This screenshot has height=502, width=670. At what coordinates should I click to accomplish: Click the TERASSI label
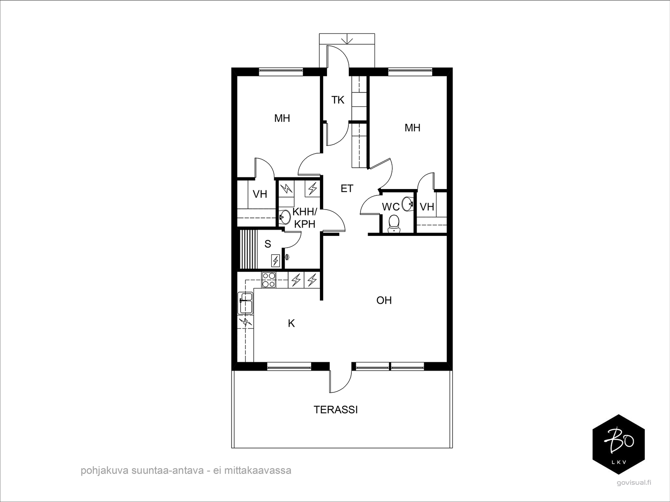pos(335,410)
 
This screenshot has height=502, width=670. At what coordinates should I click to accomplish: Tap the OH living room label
pos(384,300)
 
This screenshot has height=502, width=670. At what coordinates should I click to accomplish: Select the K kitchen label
pos(291,323)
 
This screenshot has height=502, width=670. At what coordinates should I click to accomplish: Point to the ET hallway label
pos(347,189)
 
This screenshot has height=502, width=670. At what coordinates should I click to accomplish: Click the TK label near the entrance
pos(338,100)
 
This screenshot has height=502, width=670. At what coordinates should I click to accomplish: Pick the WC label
pos(391,207)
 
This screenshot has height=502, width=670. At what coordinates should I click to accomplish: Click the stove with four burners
pos(268,280)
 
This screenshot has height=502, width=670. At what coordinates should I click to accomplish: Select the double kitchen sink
pos(245,303)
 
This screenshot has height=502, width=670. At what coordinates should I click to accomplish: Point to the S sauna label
pos(268,244)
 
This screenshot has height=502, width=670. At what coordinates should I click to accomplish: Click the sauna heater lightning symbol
pos(276,260)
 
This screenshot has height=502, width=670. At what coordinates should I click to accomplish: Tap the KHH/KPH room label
pos(304,218)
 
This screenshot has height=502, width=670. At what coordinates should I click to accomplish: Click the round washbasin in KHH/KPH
pos(285,217)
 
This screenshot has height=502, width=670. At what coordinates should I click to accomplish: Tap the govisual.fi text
pos(634,491)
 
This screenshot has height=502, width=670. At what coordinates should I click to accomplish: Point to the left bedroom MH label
pos(282,118)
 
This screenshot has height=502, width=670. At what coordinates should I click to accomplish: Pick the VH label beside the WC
pos(427,207)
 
